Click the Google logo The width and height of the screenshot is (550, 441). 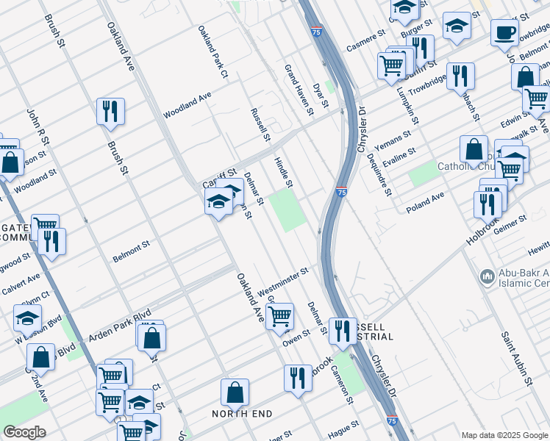[x=24, y=433]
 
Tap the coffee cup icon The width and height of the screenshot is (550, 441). [x=504, y=33]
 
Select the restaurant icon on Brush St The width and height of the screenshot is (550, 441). [x=110, y=112]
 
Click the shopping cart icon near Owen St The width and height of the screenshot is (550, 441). [x=279, y=317]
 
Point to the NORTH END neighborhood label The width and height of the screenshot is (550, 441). [x=242, y=414]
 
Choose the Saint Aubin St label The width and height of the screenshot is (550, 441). [x=517, y=359]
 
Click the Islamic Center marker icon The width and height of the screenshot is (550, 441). [x=486, y=277]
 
